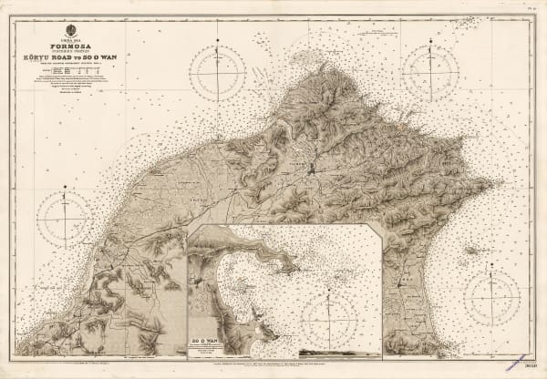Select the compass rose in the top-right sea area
pos(430,68)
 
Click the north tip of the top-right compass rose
pos(430,39)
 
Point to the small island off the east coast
pos(472,250)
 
